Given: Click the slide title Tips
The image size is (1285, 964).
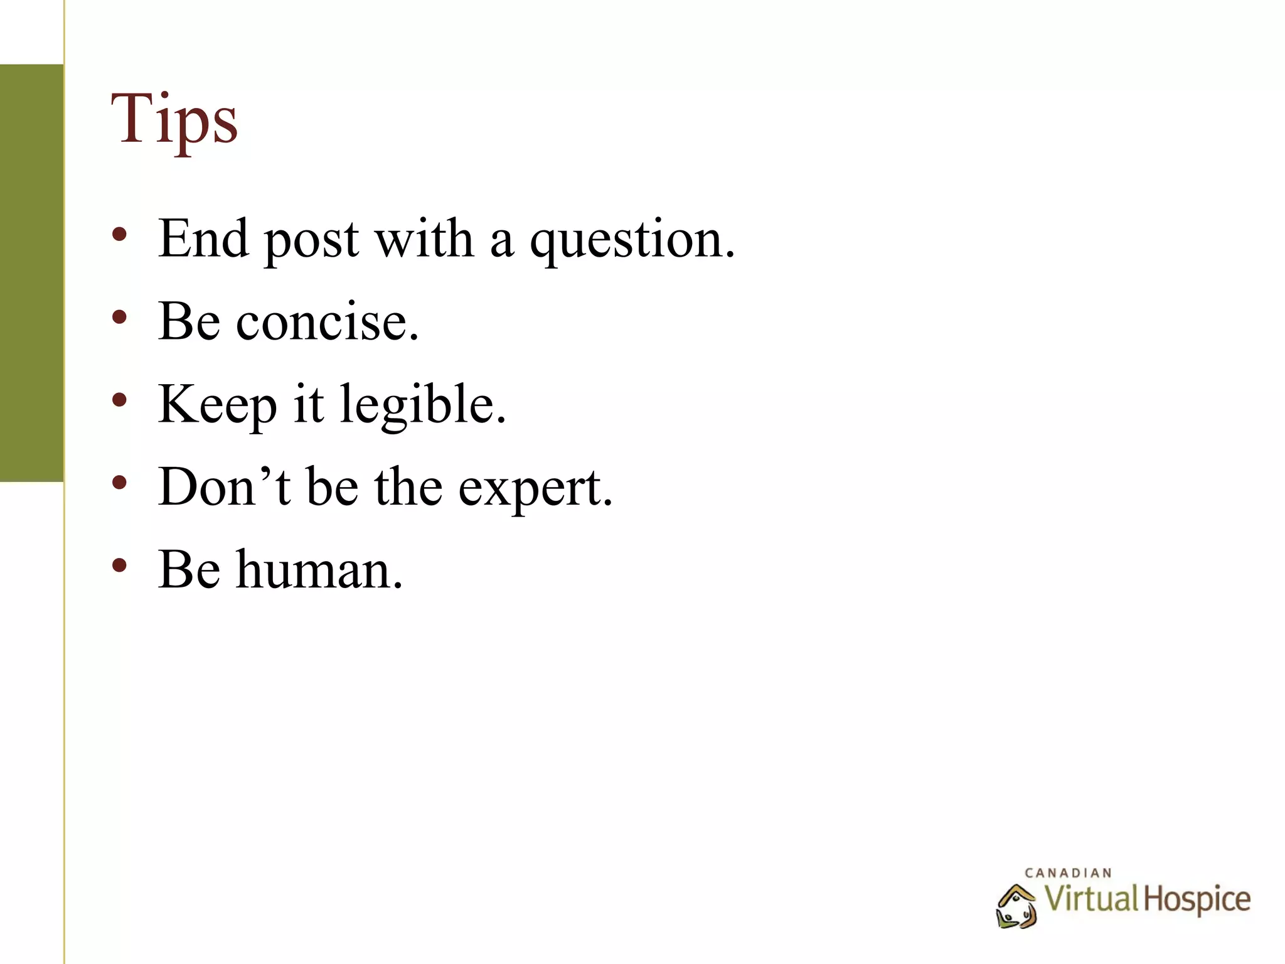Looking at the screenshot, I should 174,119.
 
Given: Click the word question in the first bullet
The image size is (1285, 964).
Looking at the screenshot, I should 631,241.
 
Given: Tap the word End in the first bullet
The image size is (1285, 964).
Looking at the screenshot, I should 203,238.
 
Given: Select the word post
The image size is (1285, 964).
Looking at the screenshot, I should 311,241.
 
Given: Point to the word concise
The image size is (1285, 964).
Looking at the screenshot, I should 326,323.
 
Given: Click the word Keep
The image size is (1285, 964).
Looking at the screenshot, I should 217,405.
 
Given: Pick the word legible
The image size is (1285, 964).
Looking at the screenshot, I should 422,405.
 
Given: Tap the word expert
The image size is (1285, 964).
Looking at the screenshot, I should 535,489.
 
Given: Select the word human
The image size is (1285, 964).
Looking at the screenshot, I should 319,570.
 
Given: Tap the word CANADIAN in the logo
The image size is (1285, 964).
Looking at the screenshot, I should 1068,873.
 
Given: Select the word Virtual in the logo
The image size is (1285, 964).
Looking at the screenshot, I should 1090,898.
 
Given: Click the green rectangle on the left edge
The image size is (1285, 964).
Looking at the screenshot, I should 31,273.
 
